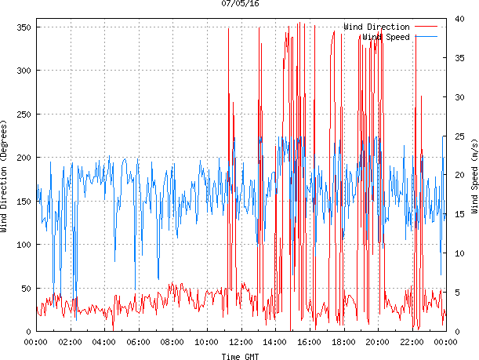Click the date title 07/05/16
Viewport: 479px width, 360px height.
(x=240, y=4)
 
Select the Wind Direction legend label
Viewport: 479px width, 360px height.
(x=376, y=27)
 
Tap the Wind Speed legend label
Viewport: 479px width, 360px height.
(x=385, y=36)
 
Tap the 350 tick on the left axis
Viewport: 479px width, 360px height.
(x=22, y=27)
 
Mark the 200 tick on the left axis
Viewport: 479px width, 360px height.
(x=22, y=158)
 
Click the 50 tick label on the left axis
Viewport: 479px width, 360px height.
(x=24, y=289)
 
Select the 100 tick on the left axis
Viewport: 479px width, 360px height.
(x=22, y=245)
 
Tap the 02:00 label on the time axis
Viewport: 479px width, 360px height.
(x=70, y=341)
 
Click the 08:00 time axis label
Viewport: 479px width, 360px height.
(x=172, y=341)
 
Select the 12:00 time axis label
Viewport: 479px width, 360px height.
(x=241, y=341)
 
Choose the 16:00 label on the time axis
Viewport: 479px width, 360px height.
(x=309, y=341)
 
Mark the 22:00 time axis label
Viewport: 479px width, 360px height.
(x=412, y=341)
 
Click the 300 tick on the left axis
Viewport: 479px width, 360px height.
(x=22, y=71)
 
